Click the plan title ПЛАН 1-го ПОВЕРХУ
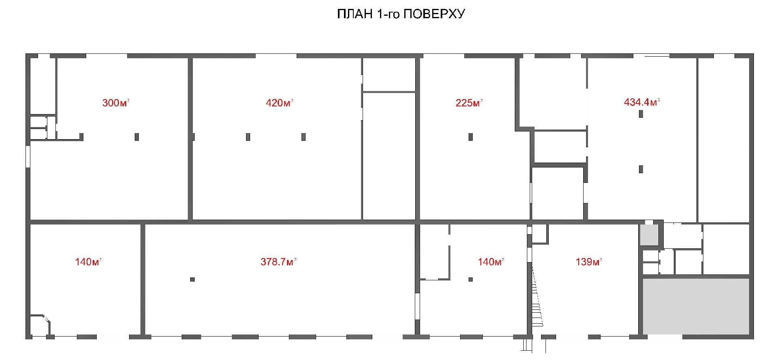[401, 14]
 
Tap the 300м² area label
[116, 103]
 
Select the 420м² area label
[279, 103]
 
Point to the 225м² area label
[469, 103]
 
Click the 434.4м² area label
[642, 102]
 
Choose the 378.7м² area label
[278, 262]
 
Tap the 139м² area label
[589, 262]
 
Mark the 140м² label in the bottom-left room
[88, 262]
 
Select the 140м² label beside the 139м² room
[491, 262]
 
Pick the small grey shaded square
[649, 235]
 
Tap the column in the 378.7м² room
[192, 279]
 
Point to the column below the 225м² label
[471, 137]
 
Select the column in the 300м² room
[137, 137]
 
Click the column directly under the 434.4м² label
[641, 114]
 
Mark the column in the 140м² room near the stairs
[471, 279]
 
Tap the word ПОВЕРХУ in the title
[435, 14]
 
